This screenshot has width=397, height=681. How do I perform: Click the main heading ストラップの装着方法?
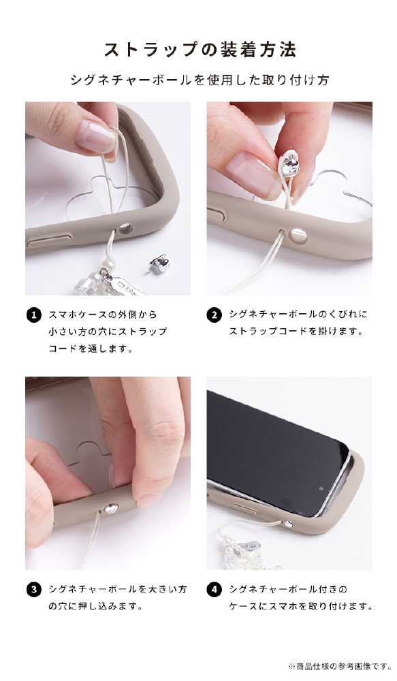(200, 50)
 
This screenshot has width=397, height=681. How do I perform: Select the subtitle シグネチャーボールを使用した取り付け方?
(200, 80)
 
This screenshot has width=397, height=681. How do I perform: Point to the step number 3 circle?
(34, 590)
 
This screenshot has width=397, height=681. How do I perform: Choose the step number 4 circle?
(214, 590)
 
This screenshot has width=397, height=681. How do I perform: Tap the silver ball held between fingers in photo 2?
(291, 166)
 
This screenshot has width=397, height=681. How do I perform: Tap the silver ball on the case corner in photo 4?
(289, 524)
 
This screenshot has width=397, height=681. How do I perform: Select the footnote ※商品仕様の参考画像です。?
(340, 666)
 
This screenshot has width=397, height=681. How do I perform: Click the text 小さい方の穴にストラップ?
(108, 332)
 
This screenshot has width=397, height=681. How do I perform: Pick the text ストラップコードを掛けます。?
(296, 332)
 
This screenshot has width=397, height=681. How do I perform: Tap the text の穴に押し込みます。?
(95, 606)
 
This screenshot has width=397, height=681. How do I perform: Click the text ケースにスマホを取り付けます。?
(300, 606)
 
